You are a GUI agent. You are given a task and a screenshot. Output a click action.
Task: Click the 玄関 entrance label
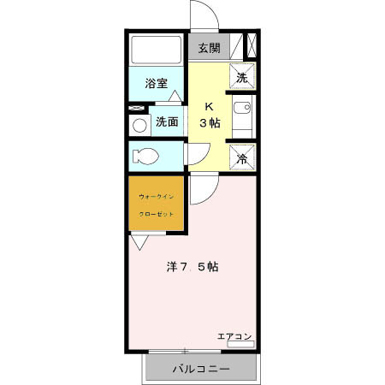(x=210, y=48)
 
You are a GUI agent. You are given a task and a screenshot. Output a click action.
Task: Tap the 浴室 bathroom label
(x=156, y=84)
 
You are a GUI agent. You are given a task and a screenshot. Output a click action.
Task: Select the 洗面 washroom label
(x=167, y=121)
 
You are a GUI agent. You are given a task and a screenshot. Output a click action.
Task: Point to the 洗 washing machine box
(x=242, y=76)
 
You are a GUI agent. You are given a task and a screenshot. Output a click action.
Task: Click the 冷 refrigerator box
(x=242, y=158)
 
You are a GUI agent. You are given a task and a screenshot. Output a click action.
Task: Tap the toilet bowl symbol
(x=145, y=157)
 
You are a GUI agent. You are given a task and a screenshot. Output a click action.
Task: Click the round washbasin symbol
(x=139, y=125)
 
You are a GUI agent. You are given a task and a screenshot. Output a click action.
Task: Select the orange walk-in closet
(x=157, y=204)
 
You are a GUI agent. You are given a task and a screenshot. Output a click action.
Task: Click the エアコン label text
(x=234, y=336)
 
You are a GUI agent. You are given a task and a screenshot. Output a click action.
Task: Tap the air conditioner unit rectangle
(x=240, y=345)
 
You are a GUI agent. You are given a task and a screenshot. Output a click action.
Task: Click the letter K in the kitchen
(x=209, y=107)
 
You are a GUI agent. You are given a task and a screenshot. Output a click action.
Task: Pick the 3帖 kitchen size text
(x=210, y=123)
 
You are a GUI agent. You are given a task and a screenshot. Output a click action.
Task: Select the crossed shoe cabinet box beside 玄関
(x=251, y=45)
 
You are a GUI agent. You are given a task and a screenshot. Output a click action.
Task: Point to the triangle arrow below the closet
(x=137, y=241)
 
